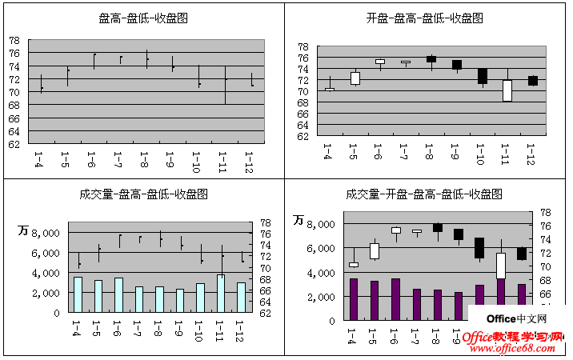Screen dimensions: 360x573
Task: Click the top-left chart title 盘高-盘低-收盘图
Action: click(x=143, y=18)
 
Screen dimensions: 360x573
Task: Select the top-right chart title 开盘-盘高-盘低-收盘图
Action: click(x=424, y=18)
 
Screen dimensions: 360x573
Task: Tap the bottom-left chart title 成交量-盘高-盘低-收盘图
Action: click(x=143, y=194)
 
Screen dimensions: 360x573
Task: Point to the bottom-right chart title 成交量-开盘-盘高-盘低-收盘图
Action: click(x=424, y=194)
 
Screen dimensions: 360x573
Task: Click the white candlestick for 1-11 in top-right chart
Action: click(x=507, y=90)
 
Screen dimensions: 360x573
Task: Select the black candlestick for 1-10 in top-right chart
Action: click(x=482, y=76)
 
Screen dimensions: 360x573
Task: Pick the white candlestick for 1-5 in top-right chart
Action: click(x=355, y=78)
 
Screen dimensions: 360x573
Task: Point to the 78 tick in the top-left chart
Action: click(x=14, y=41)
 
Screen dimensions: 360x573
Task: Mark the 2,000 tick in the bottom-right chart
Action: click(x=321, y=297)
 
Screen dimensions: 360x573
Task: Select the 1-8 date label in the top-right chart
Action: click(x=429, y=150)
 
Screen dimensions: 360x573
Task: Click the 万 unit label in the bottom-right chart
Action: click(x=299, y=220)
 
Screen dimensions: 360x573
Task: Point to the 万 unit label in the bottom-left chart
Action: click(x=23, y=230)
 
